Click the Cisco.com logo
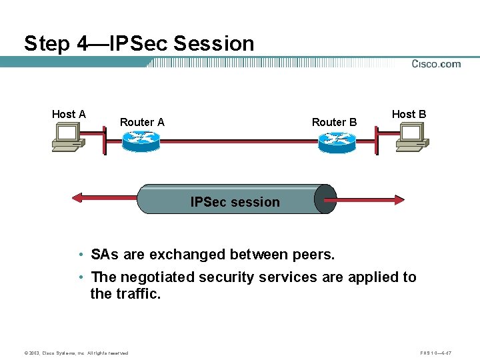tap(436, 64)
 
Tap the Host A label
tap(69, 114)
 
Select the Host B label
tap(409, 114)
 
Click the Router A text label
tap(142, 122)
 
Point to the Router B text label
tap(334, 122)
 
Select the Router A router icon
tap(141, 141)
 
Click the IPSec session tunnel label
tap(235, 202)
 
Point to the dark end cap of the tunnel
tap(325, 199)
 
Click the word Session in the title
tap(213, 44)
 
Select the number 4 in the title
tap(82, 44)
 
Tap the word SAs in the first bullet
tap(105, 255)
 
